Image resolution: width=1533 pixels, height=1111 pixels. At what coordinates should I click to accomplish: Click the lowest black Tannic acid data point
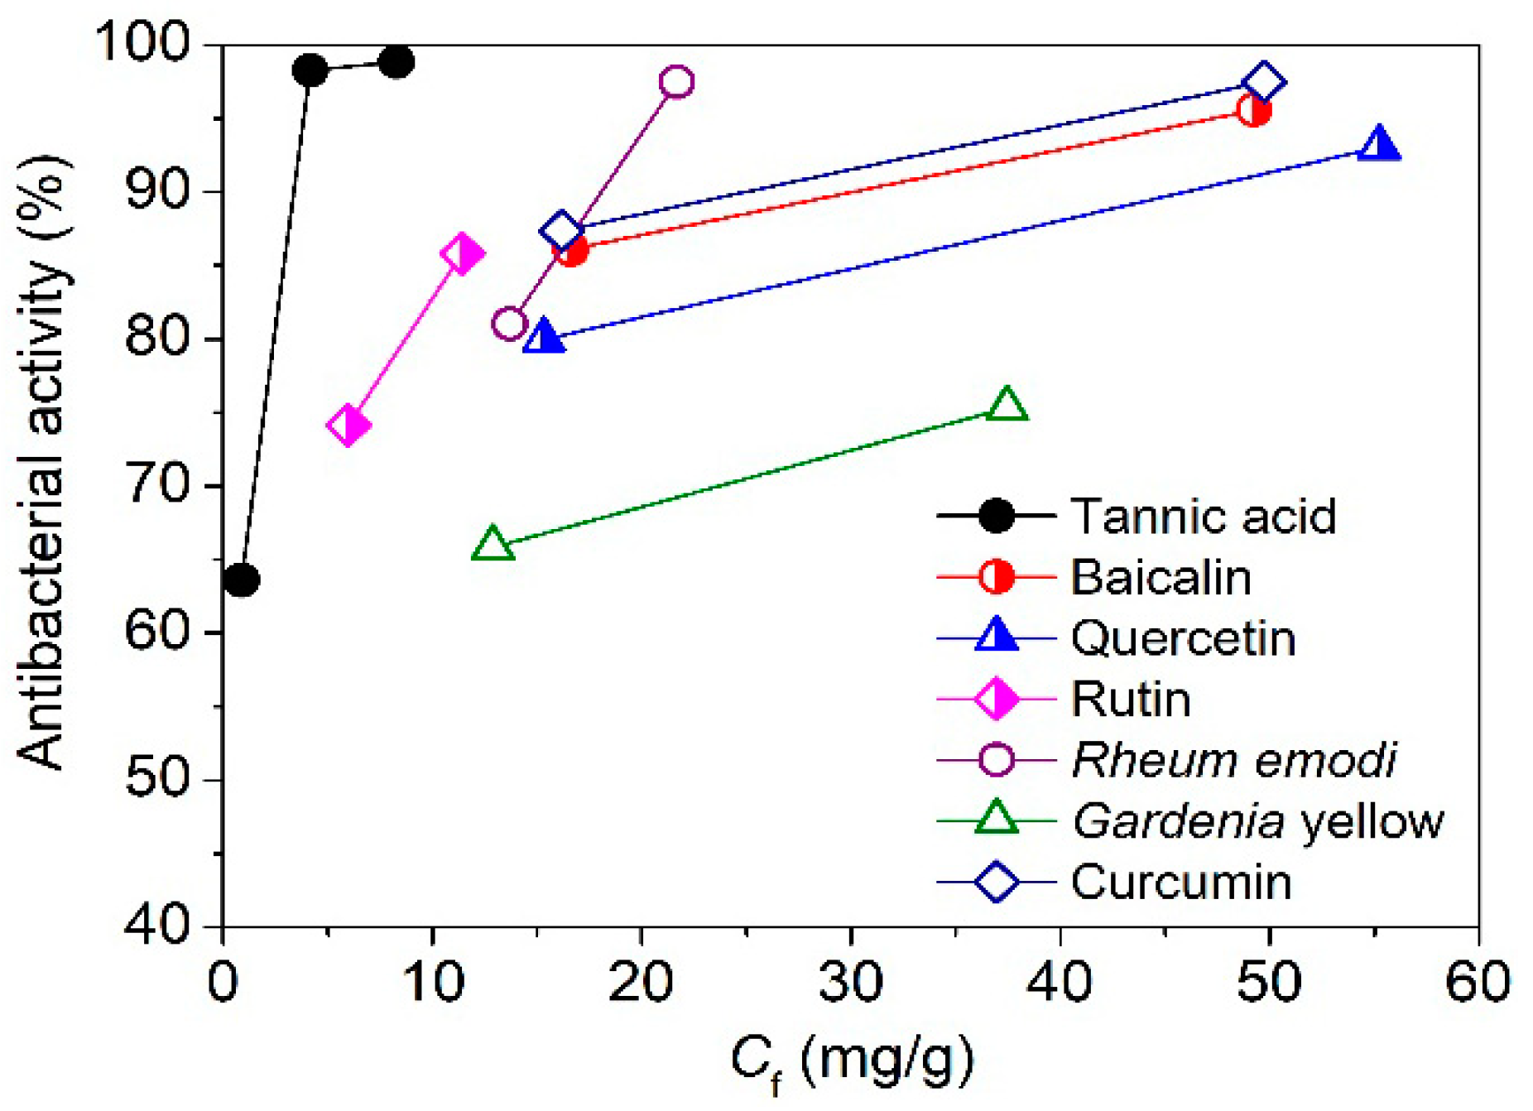242,580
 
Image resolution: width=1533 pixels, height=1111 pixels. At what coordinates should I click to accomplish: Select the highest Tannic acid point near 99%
396,62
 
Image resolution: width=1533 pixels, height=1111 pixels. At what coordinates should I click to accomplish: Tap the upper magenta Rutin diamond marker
463,253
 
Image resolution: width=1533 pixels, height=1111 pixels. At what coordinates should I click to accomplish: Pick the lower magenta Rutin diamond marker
348,426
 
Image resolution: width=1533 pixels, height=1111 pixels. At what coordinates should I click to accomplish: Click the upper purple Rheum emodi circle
677,82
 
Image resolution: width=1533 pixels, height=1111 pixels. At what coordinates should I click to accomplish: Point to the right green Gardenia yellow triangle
1007,405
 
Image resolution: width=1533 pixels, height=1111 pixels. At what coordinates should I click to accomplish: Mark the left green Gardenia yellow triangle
493,544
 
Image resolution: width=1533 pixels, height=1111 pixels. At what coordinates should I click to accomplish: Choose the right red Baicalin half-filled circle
1254,110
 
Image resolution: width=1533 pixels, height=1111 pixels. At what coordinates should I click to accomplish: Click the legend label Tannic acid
1204,517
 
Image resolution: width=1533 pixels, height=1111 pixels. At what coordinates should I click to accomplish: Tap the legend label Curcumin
1181,883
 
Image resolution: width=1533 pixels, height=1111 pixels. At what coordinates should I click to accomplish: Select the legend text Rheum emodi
1233,760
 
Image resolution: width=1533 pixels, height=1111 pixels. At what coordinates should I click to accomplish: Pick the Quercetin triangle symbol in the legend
997,637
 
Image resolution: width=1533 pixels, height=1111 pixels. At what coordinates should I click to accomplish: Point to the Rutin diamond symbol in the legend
997,700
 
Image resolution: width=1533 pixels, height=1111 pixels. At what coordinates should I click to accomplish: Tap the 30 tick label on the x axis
851,983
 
